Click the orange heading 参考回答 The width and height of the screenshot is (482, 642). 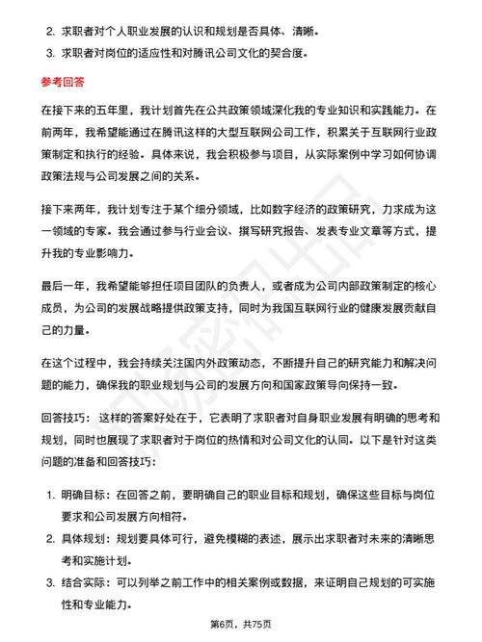click(55, 83)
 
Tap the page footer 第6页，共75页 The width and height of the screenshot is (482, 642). click(240, 625)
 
